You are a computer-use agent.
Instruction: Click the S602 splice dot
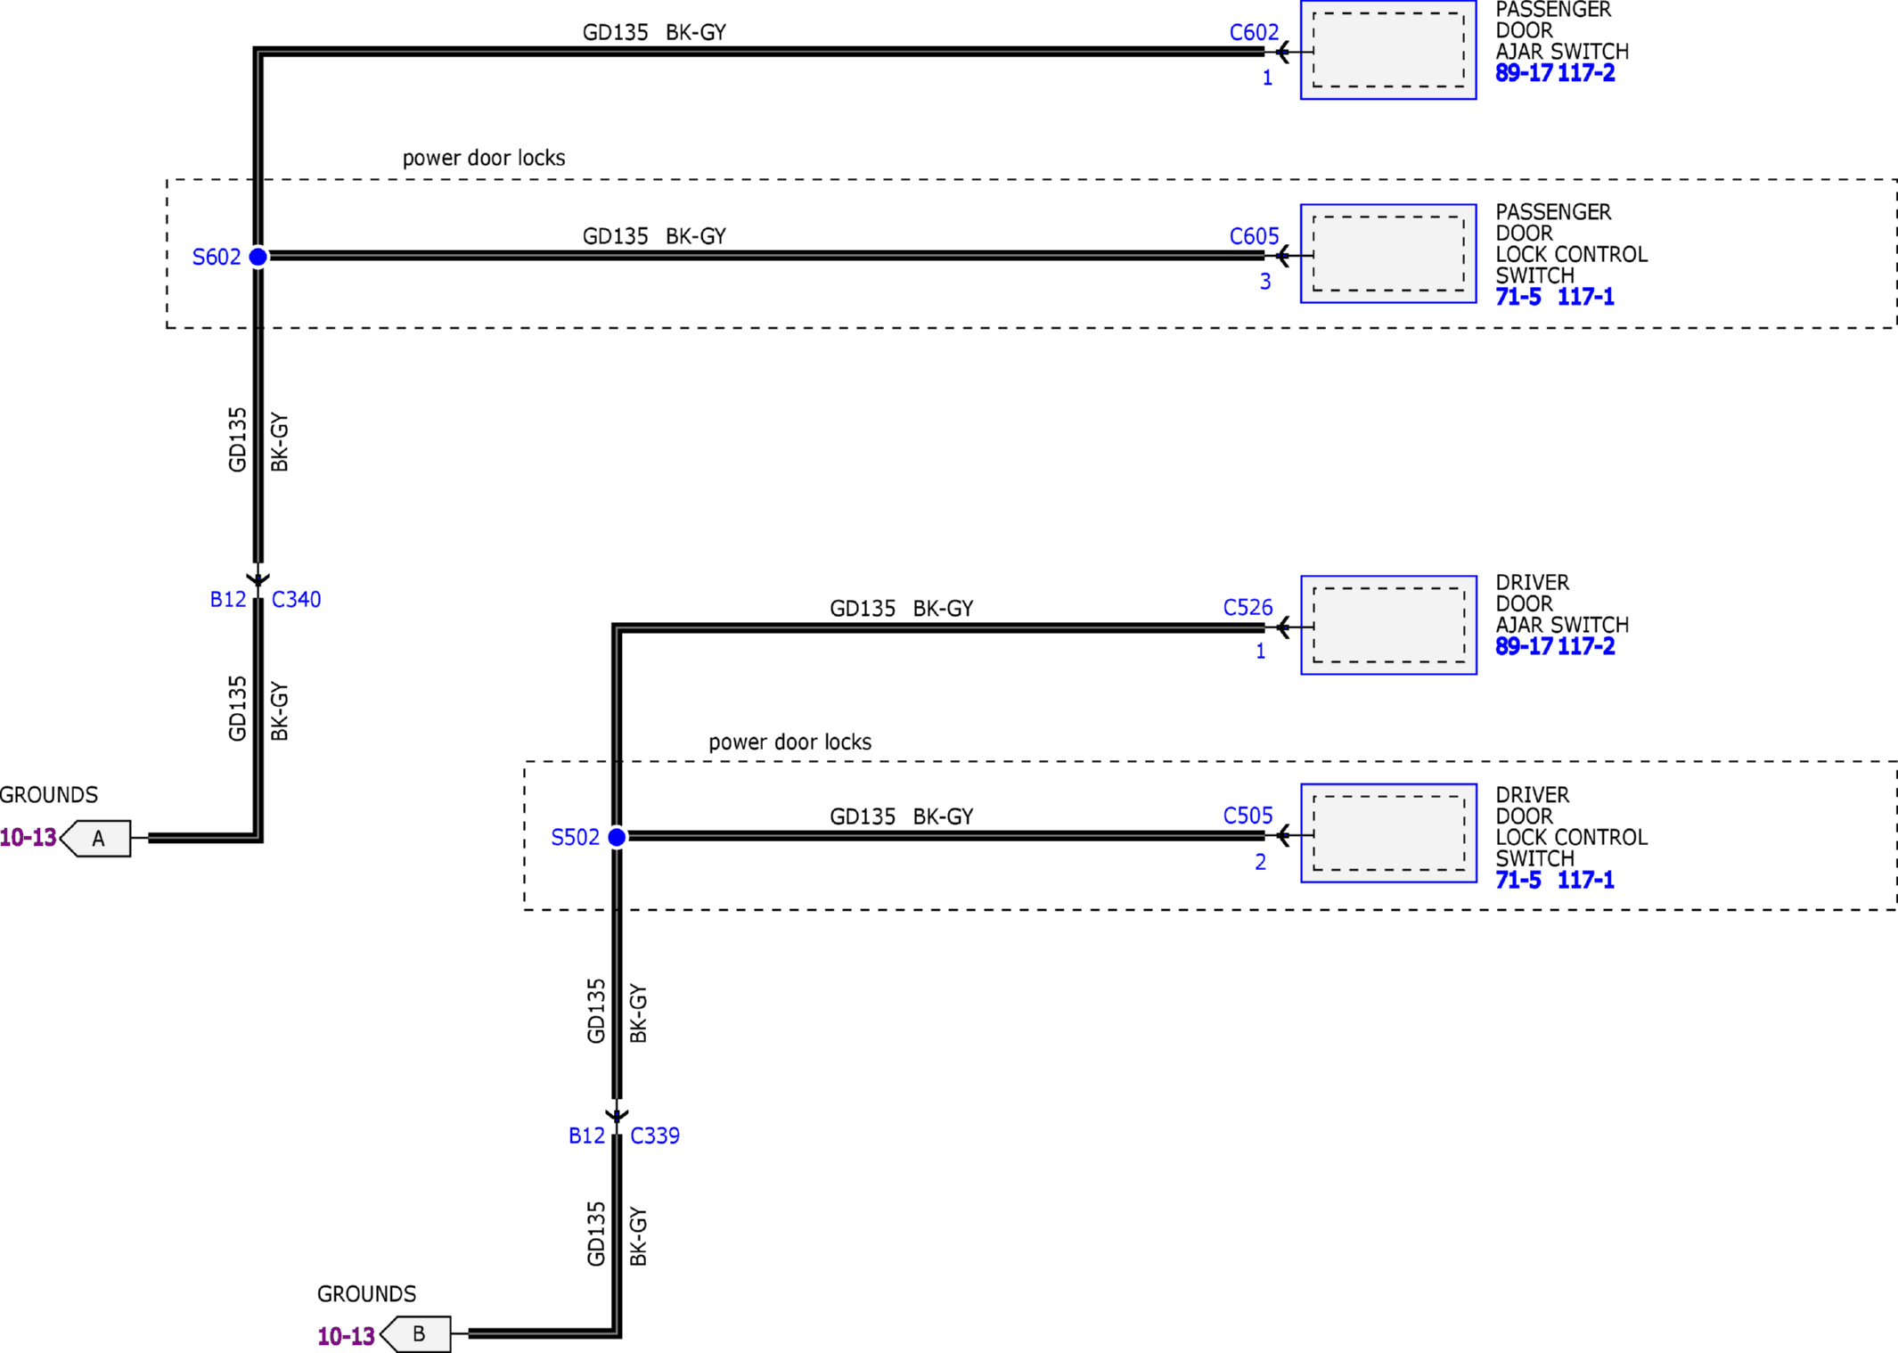258,257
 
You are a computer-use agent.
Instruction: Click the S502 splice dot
617,837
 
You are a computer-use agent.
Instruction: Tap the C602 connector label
1254,33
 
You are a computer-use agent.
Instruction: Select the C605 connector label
1254,236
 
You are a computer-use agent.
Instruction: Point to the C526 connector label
1248,608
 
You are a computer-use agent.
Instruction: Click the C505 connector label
1248,816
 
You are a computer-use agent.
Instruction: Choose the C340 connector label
296,600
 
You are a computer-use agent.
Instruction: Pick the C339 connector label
655,1136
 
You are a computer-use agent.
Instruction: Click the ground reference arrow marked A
95,839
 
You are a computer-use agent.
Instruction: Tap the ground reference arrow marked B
415,1334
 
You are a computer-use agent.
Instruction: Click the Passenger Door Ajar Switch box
1388,50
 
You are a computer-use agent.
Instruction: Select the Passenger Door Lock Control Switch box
1388,254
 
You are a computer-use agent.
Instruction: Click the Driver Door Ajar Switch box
1388,625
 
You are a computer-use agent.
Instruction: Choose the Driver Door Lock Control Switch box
1388,833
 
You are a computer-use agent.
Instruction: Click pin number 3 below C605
1265,282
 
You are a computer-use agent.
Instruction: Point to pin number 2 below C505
1261,862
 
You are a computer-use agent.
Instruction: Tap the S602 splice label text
217,258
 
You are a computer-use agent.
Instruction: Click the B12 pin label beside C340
228,600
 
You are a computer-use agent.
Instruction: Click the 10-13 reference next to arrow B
346,1336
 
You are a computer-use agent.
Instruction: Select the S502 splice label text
576,838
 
